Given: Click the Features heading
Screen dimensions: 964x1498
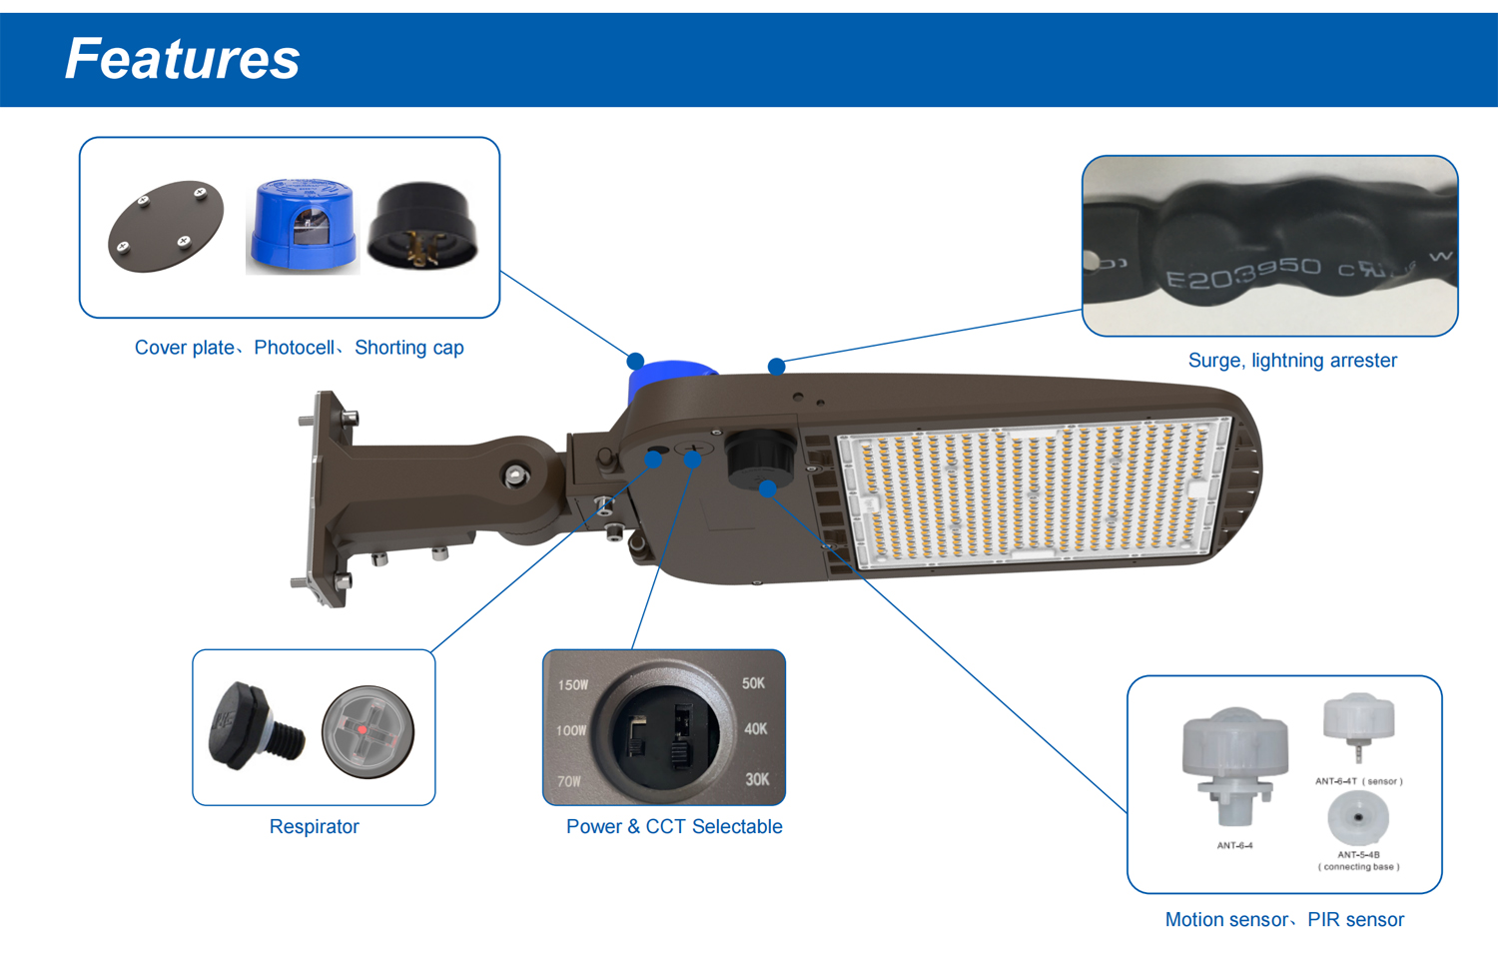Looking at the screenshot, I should coord(182,59).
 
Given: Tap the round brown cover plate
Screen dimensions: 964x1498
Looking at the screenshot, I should coord(165,226).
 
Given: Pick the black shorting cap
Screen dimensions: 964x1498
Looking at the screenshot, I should coord(422,227).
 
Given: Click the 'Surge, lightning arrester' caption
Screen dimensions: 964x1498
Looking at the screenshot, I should coord(1292,361).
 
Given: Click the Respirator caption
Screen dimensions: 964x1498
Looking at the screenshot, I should coord(314,827).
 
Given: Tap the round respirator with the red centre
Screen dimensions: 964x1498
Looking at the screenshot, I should coord(368,731).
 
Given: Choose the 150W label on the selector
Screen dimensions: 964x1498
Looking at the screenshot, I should coord(573,685).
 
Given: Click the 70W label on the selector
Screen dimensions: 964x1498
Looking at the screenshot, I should coord(569,781).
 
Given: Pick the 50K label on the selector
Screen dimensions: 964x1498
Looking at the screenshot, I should coord(753,683).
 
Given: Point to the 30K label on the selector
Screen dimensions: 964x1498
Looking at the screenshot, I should coord(757,779).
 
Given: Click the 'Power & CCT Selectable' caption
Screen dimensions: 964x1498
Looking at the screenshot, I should coord(674,827).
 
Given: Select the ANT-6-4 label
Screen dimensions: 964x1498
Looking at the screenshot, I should coord(1234,846).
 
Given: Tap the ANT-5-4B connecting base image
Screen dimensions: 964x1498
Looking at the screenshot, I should coord(1358,817).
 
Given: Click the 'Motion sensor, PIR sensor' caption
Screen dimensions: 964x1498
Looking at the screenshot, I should coord(1284,920).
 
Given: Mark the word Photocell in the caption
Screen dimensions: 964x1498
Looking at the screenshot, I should coord(295,348).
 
